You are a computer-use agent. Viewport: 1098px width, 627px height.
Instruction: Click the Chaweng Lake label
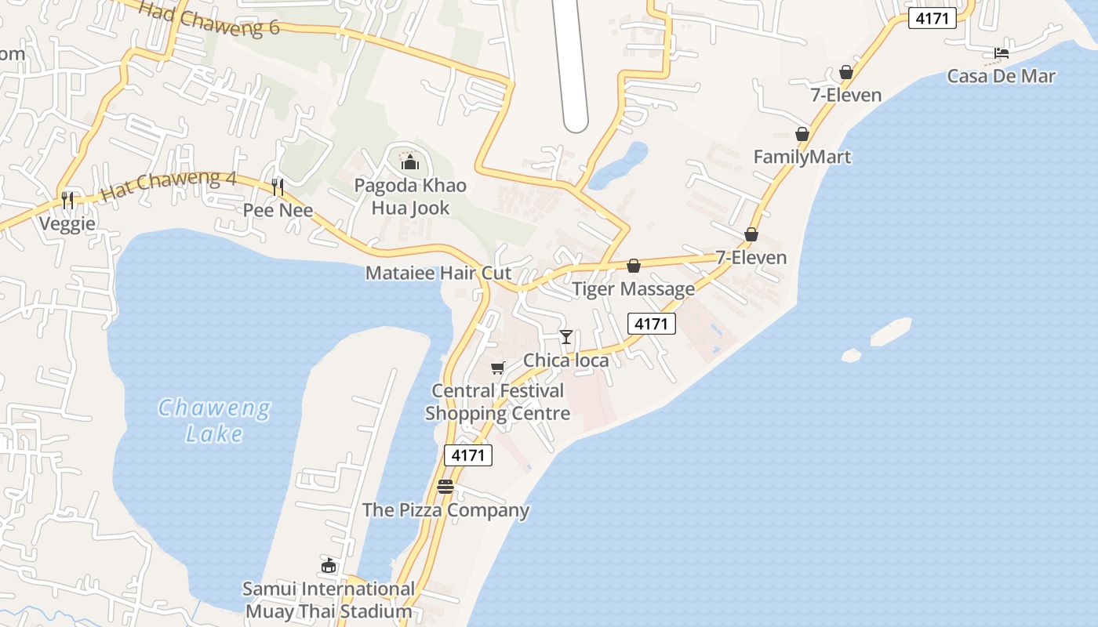pyautogui.click(x=214, y=421)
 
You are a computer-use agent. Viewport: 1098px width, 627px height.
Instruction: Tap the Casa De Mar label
pyautogui.click(x=1001, y=76)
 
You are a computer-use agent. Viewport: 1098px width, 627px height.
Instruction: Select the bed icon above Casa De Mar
pyautogui.click(x=1001, y=53)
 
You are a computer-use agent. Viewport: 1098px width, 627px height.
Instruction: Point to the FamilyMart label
pyautogui.click(x=802, y=157)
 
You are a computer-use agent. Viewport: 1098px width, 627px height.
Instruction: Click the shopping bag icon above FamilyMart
pyautogui.click(x=802, y=134)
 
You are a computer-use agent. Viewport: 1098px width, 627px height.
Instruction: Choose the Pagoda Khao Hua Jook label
pyautogui.click(x=410, y=197)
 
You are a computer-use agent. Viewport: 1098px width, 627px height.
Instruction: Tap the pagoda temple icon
pyautogui.click(x=409, y=162)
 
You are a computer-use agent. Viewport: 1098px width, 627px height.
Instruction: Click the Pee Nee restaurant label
pyautogui.click(x=278, y=210)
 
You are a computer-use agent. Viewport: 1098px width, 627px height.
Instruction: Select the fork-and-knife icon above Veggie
pyautogui.click(x=67, y=201)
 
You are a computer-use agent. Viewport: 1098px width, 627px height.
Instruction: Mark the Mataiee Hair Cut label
pyautogui.click(x=438, y=274)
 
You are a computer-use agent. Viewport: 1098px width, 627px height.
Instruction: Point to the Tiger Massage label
pyautogui.click(x=633, y=289)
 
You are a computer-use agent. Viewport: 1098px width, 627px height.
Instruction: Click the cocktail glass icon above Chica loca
pyautogui.click(x=565, y=337)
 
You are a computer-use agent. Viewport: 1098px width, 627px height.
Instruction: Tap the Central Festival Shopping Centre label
pyautogui.click(x=497, y=402)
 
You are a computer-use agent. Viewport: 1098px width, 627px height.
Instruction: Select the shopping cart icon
pyautogui.click(x=497, y=368)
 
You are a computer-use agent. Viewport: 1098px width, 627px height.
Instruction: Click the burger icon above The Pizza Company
pyautogui.click(x=445, y=487)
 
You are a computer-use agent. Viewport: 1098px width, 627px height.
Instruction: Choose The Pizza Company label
pyautogui.click(x=445, y=510)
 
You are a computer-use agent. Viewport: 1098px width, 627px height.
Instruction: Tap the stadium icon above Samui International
pyautogui.click(x=329, y=565)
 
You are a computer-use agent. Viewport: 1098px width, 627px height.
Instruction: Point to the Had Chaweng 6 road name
pyautogui.click(x=209, y=17)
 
